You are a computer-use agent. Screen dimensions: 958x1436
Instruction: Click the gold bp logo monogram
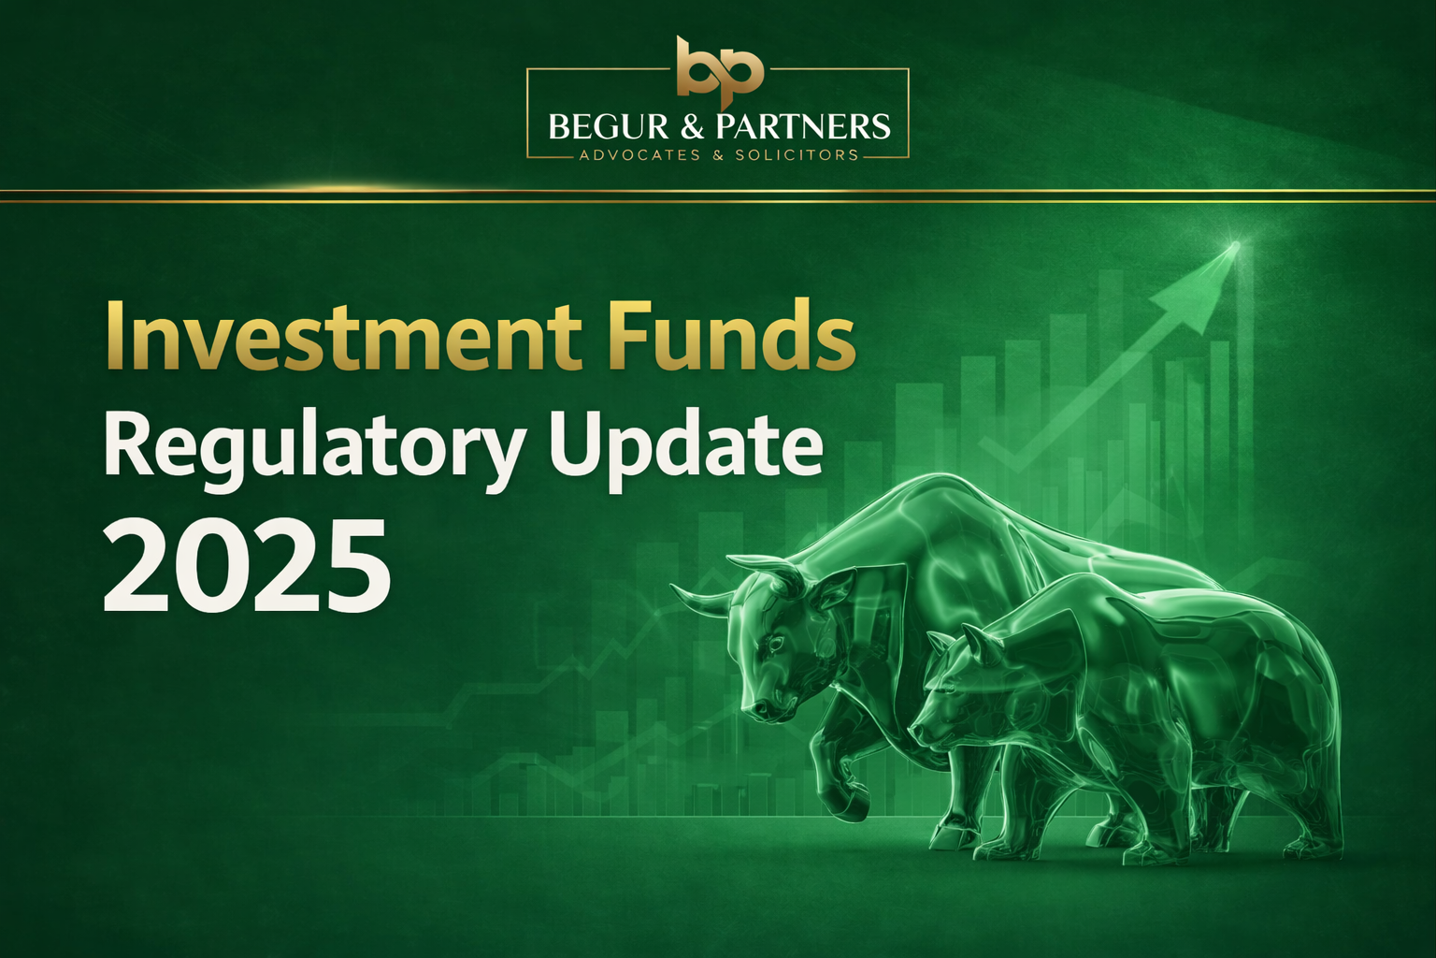coord(719,67)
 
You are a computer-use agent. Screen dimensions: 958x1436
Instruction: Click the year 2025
coord(245,568)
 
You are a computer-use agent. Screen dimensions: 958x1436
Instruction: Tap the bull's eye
coord(775,645)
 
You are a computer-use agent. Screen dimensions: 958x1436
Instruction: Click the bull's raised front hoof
coord(846,806)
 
